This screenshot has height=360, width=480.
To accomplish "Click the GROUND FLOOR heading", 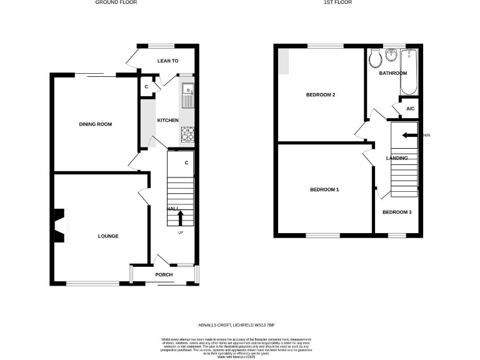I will (116, 2).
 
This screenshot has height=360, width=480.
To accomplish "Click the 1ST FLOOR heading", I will (337, 2).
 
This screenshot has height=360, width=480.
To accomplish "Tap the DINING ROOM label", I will (95, 124).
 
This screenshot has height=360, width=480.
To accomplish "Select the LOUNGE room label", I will (107, 236).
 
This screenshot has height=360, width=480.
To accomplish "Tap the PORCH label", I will (164, 275).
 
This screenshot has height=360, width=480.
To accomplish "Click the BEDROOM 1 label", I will (324, 189).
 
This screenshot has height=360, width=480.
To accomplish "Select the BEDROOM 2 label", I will (321, 95).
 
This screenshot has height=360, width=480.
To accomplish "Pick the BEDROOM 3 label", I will (397, 212).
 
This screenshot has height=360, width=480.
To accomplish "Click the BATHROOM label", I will (392, 73).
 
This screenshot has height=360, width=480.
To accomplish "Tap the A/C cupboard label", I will (410, 109).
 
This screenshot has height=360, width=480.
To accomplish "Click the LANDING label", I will (397, 158).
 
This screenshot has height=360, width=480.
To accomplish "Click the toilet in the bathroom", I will (376, 59).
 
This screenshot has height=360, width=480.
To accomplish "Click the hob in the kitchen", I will (187, 134).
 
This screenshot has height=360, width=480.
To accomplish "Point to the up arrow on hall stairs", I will (181, 217).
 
